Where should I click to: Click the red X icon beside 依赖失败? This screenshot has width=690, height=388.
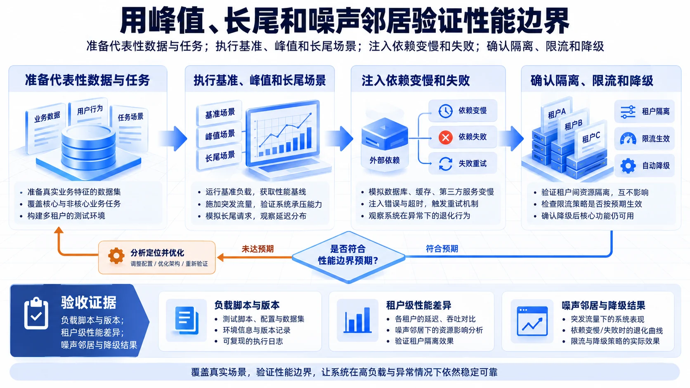pyautogui.click(x=445, y=137)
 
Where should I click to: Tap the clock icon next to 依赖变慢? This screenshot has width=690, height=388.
pyautogui.click(x=445, y=111)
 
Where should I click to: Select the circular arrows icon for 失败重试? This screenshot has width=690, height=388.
pyautogui.click(x=445, y=164)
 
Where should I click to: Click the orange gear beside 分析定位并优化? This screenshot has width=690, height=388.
pyautogui.click(x=116, y=256)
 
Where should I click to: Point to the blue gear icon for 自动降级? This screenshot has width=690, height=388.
pyautogui.click(x=628, y=166)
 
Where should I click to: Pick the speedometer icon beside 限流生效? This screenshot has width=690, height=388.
pyautogui.click(x=628, y=139)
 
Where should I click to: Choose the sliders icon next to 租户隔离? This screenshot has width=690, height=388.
pyautogui.click(x=628, y=112)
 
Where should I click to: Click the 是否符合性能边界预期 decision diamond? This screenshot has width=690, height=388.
pyautogui.click(x=348, y=257)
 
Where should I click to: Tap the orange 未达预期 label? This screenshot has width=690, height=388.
pyautogui.click(x=258, y=249)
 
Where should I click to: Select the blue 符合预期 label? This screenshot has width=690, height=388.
pyautogui.click(x=442, y=249)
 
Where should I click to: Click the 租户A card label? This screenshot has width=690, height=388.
pyautogui.click(x=557, y=113)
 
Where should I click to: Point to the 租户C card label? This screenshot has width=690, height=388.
pyautogui.click(x=591, y=137)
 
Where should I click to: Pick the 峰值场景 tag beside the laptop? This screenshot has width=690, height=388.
pyautogui.click(x=220, y=135)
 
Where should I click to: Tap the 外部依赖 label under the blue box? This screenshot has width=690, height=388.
pyautogui.click(x=385, y=160)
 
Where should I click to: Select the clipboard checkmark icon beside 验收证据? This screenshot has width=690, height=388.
pyautogui.click(x=36, y=313)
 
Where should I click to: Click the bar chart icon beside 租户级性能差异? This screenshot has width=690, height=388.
pyautogui.click(x=357, y=320)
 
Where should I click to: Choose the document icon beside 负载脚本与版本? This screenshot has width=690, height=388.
pyautogui.click(x=187, y=320)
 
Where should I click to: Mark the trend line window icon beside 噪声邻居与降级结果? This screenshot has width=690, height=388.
pyautogui.click(x=532, y=321)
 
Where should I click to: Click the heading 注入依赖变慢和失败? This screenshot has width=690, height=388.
pyautogui.click(x=416, y=81)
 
